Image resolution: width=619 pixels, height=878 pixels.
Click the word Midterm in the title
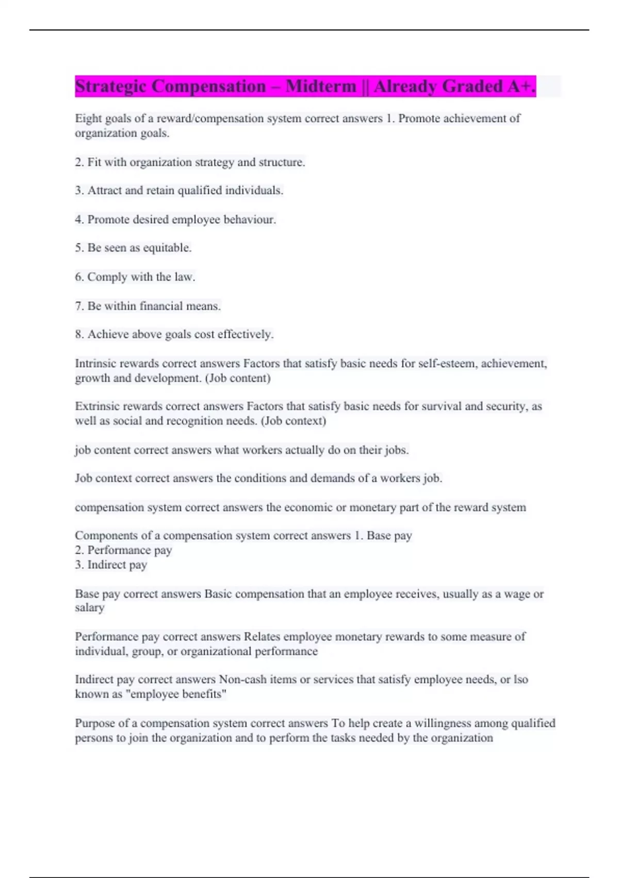[x=321, y=86]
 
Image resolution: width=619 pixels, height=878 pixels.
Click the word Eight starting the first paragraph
[x=88, y=119]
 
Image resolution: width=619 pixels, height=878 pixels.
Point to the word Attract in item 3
[x=105, y=191]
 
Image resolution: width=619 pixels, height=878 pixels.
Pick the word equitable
[x=167, y=248]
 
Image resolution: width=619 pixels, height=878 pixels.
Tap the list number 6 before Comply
[x=79, y=277]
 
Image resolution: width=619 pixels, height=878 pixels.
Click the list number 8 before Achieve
[x=79, y=335]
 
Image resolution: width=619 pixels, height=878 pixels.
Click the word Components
[x=106, y=536]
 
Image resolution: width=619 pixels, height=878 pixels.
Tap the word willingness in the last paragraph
[x=443, y=723]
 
